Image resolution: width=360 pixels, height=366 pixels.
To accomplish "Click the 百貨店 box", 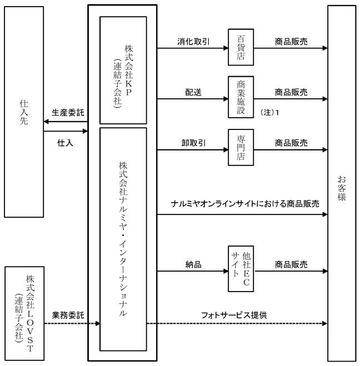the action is (241, 47).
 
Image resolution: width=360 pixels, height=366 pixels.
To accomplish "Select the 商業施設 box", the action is (241, 97).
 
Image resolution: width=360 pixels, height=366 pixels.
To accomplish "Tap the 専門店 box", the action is (241, 148).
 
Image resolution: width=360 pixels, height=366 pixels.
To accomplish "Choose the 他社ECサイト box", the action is (241, 269).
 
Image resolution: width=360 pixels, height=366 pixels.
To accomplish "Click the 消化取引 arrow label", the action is (193, 42).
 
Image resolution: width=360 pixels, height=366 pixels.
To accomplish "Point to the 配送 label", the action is (193, 92).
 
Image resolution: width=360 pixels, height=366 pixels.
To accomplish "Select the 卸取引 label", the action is (193, 143).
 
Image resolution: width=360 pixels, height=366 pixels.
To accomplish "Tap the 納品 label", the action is (193, 264).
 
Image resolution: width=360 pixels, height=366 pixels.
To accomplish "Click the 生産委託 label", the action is (68, 113).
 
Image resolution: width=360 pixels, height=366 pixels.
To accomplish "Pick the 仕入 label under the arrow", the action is (65, 143).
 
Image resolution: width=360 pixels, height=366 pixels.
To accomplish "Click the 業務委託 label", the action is (68, 315).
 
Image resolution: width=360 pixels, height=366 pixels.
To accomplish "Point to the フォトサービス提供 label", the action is (234, 315).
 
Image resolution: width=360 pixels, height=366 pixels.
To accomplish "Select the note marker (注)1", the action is (269, 113).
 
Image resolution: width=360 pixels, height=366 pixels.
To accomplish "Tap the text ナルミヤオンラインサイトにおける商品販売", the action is (245, 204).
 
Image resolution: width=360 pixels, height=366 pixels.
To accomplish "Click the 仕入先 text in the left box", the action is (24, 112).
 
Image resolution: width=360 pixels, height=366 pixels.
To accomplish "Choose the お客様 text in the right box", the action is (342, 188).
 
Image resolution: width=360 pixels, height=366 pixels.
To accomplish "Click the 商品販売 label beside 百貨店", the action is (291, 42).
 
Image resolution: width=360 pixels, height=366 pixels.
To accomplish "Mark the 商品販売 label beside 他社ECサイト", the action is (291, 264).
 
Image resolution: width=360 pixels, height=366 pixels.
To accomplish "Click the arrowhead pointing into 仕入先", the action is (46, 122).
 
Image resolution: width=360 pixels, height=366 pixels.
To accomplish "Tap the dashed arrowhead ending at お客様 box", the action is (325, 324).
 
